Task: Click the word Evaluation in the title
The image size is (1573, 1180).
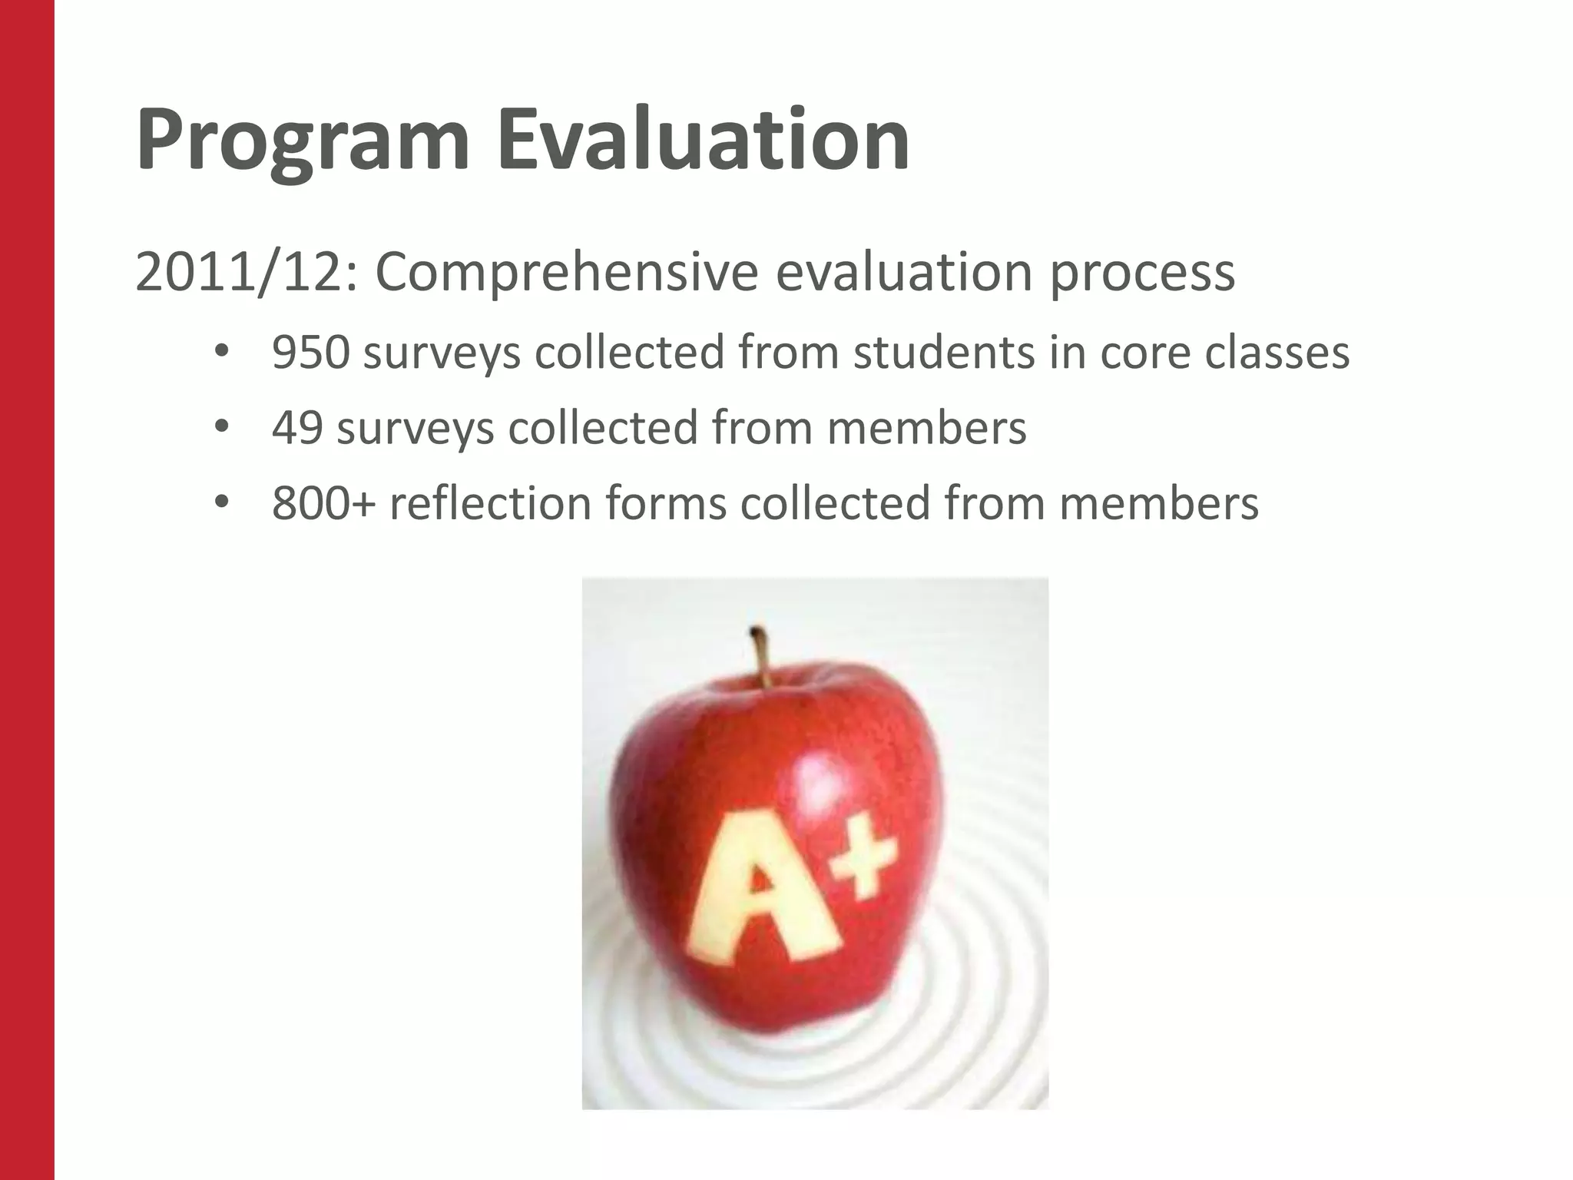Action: (704, 141)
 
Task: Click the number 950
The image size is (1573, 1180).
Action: (311, 353)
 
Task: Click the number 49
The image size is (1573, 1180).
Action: (297, 428)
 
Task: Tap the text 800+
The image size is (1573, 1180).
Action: (324, 503)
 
